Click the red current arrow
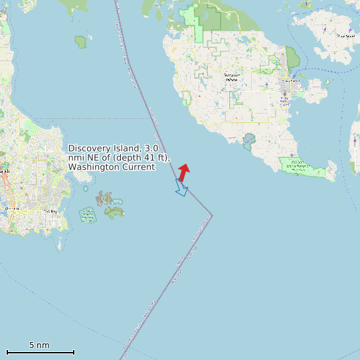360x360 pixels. (184, 172)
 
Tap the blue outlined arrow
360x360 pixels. (181, 188)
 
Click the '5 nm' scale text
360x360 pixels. (39, 345)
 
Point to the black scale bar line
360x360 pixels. (40, 352)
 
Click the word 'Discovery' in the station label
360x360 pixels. (88, 148)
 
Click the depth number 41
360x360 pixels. (146, 157)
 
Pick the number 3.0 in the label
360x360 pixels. (151, 148)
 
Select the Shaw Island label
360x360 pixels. (345, 37)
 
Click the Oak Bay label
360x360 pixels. (50, 211)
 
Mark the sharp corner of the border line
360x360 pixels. (212, 215)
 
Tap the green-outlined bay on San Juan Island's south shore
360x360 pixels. (249, 141)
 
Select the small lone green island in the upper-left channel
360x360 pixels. (81, 42)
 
